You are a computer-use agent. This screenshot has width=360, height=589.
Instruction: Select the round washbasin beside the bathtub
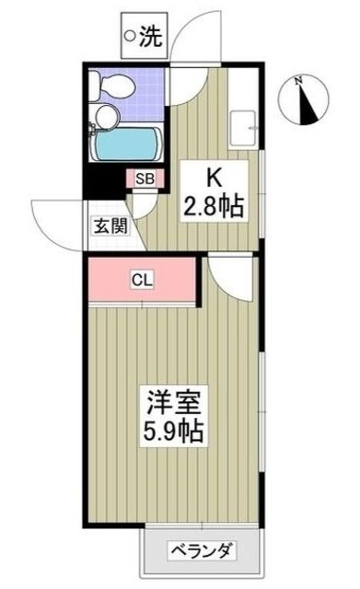[x=106, y=117]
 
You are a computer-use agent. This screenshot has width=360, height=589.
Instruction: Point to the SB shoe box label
[x=145, y=179]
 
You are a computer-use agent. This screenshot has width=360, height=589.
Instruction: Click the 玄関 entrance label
[x=108, y=225]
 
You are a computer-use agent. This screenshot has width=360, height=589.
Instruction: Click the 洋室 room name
[x=170, y=401]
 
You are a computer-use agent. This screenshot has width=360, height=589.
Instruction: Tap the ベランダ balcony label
[x=199, y=551]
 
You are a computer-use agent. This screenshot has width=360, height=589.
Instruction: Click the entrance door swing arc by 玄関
[x=57, y=221]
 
